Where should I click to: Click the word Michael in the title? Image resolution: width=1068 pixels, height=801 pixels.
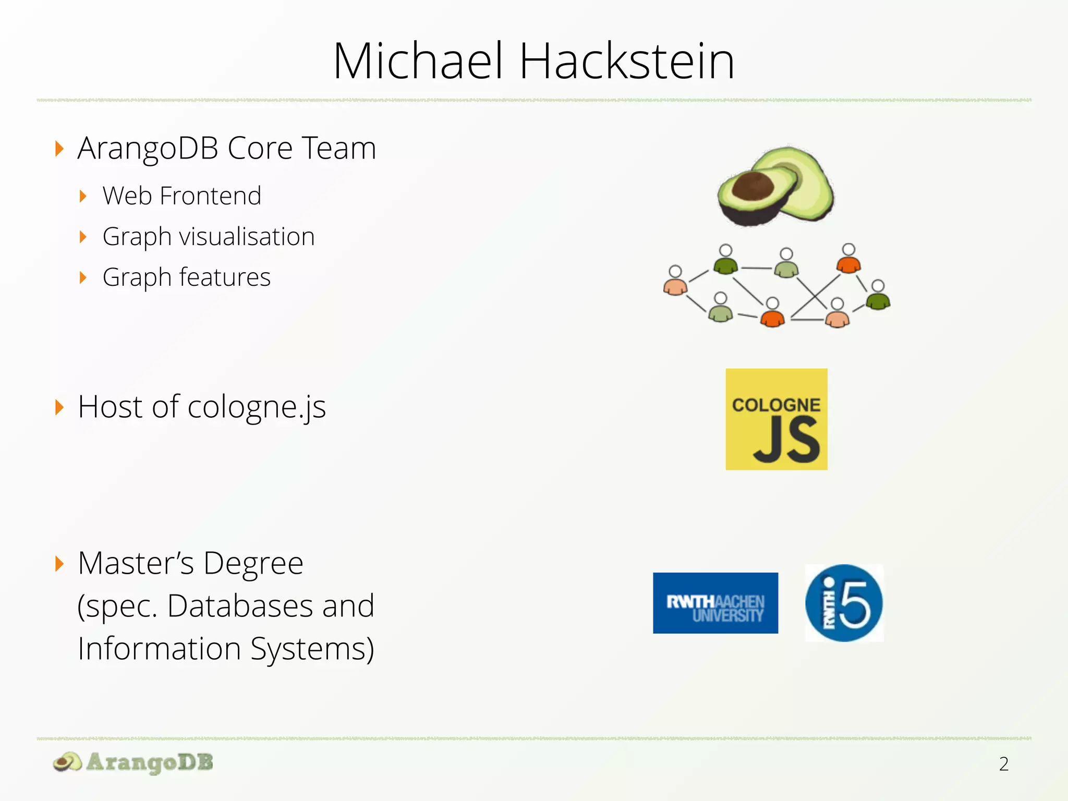click(x=419, y=61)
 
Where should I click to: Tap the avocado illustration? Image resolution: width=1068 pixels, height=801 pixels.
click(x=775, y=187)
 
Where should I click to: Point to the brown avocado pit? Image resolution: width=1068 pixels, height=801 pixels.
click(x=753, y=186)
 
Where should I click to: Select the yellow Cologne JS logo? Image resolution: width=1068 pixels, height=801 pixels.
click(x=776, y=419)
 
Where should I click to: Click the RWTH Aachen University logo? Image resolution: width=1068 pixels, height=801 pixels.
click(x=715, y=603)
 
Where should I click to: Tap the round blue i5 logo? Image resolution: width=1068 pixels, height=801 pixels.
click(x=844, y=603)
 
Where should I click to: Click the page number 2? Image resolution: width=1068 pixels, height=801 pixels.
click(x=1003, y=764)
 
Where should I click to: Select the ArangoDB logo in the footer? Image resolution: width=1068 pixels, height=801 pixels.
click(x=133, y=762)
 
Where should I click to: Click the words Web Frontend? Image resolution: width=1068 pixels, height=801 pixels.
click(x=181, y=196)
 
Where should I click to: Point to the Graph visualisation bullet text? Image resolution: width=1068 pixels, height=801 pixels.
click(x=209, y=237)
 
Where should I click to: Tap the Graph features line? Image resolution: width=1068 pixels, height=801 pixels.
click(x=186, y=277)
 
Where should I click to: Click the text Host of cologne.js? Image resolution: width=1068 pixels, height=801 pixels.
click(x=202, y=407)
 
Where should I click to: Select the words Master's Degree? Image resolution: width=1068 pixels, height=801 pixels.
click(x=190, y=563)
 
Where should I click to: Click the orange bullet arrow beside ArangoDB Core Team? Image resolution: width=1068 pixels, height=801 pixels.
click(x=59, y=149)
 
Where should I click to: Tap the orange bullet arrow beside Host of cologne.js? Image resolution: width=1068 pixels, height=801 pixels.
click(x=59, y=407)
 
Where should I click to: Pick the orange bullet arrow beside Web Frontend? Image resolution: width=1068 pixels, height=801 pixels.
click(x=83, y=197)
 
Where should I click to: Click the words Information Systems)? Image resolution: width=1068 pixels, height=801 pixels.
click(x=226, y=649)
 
